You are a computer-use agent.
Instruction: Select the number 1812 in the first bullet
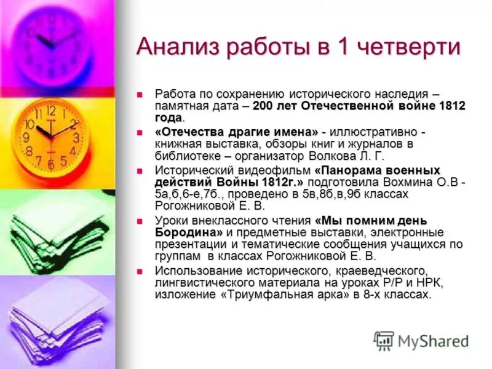click(x=452, y=106)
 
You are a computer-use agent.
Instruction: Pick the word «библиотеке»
click(x=186, y=155)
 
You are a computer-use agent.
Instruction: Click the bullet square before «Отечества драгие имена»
click(x=140, y=133)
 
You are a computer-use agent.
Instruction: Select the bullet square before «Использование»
click(x=140, y=272)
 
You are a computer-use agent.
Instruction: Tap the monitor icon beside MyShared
click(x=384, y=340)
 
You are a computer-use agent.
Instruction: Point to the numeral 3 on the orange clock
click(x=76, y=138)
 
